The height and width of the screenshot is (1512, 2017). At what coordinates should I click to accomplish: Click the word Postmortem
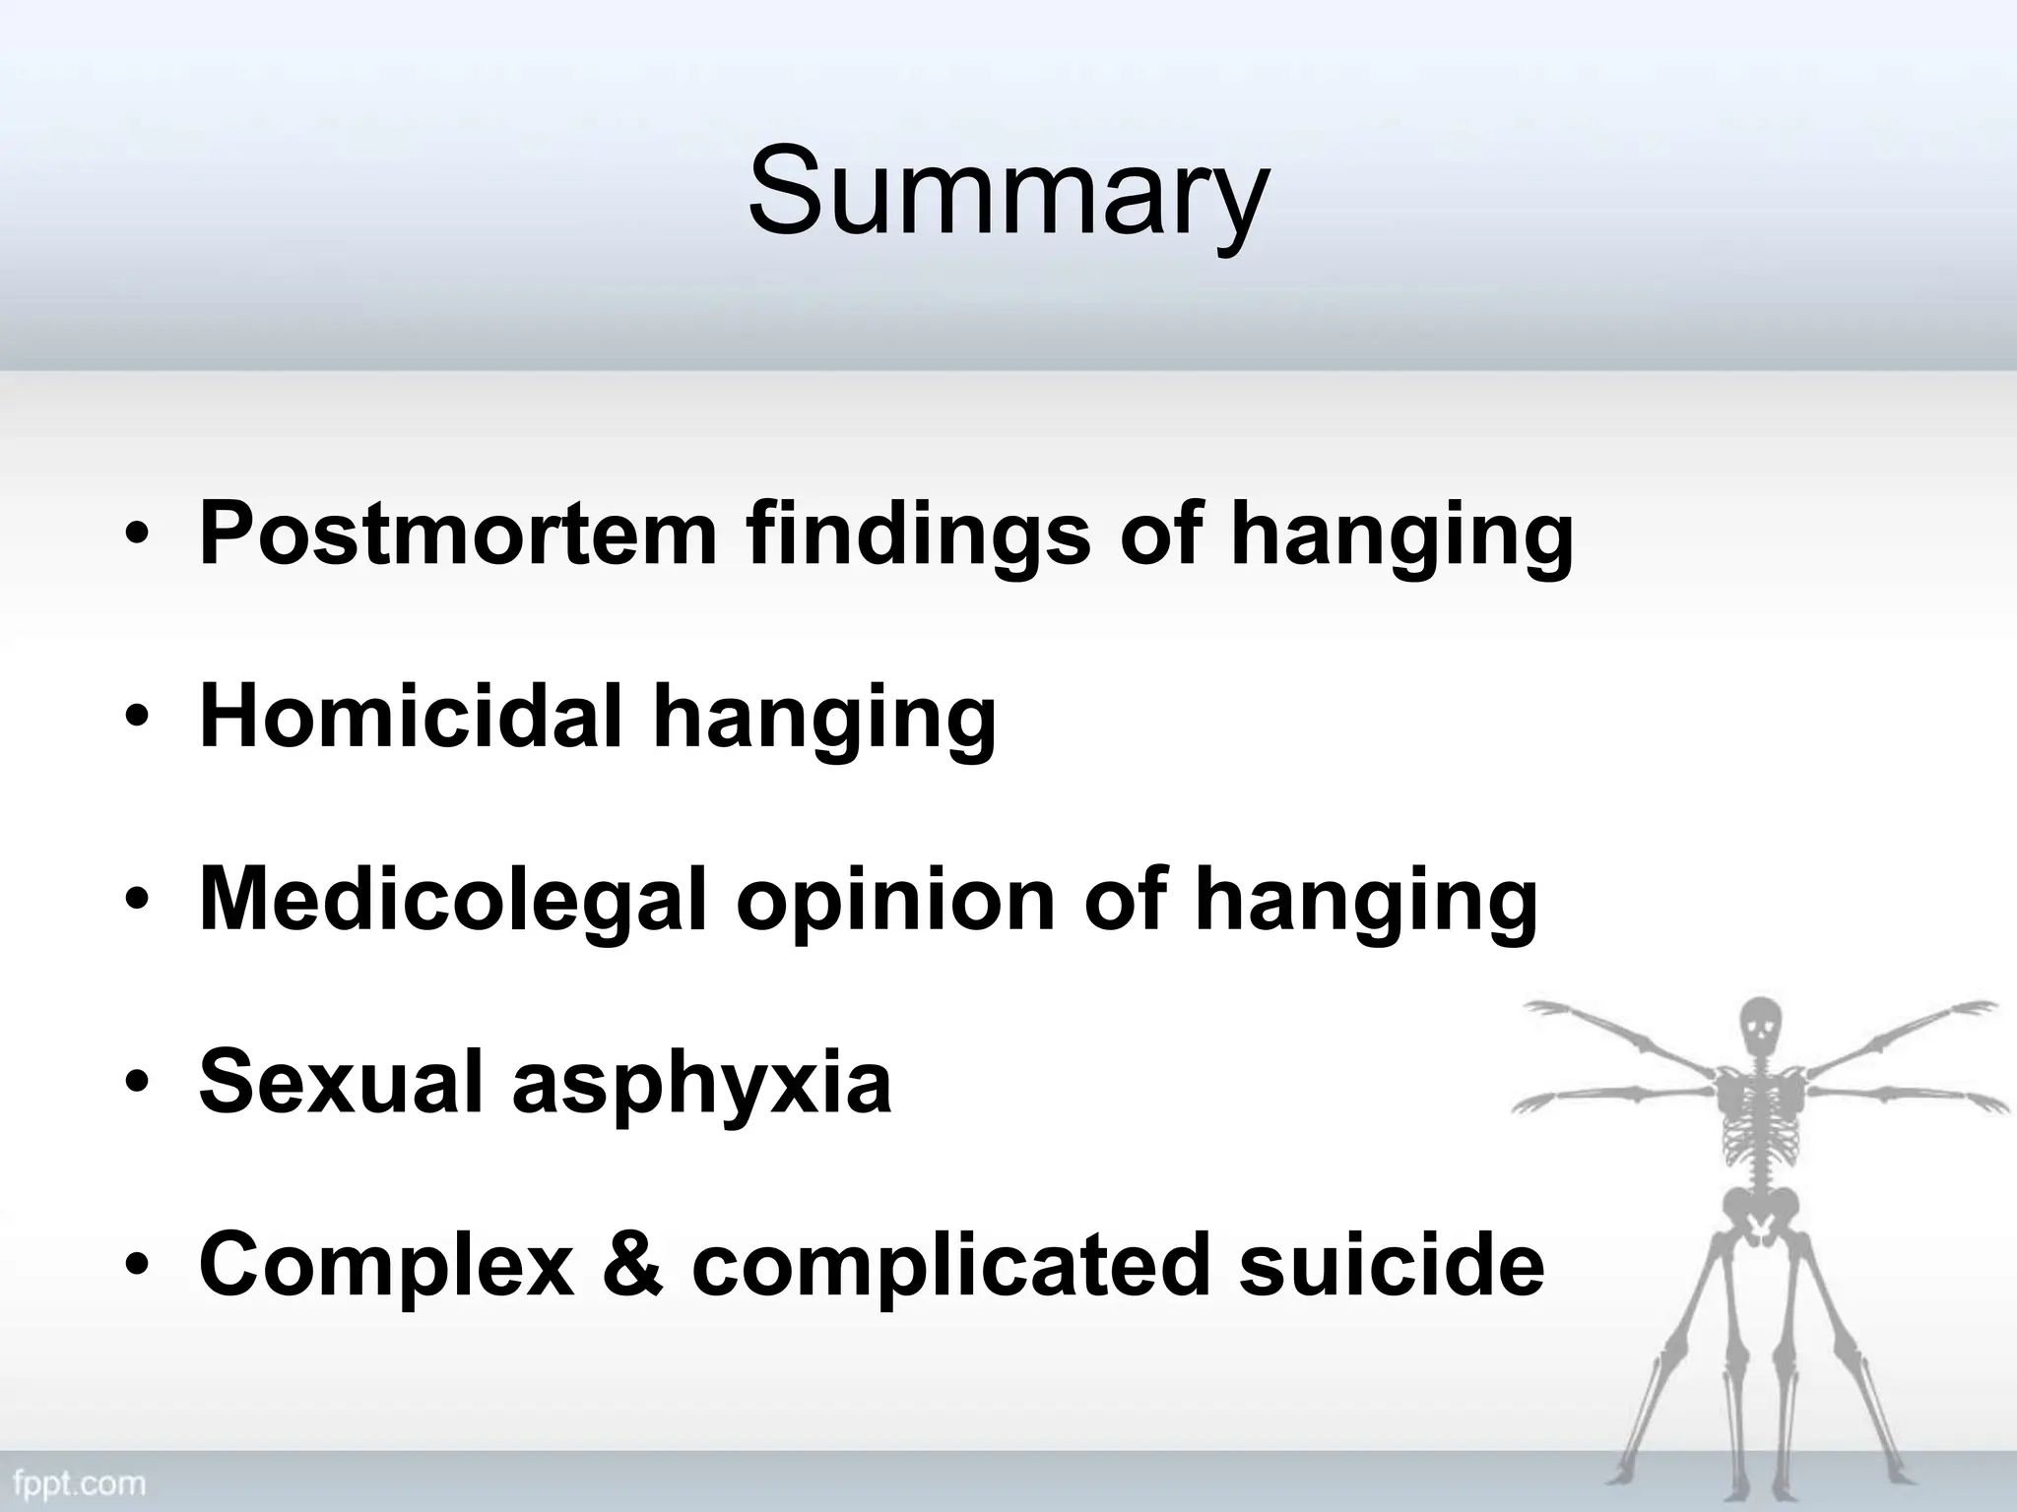pyautogui.click(x=458, y=534)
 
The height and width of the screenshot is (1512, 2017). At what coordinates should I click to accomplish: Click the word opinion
pyautogui.click(x=895, y=902)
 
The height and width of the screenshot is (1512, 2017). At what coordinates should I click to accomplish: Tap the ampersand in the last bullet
pyautogui.click(x=633, y=1265)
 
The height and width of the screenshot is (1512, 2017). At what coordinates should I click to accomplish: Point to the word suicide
pyautogui.click(x=1391, y=1265)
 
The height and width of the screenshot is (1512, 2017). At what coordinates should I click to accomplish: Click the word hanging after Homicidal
pyautogui.click(x=824, y=720)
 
